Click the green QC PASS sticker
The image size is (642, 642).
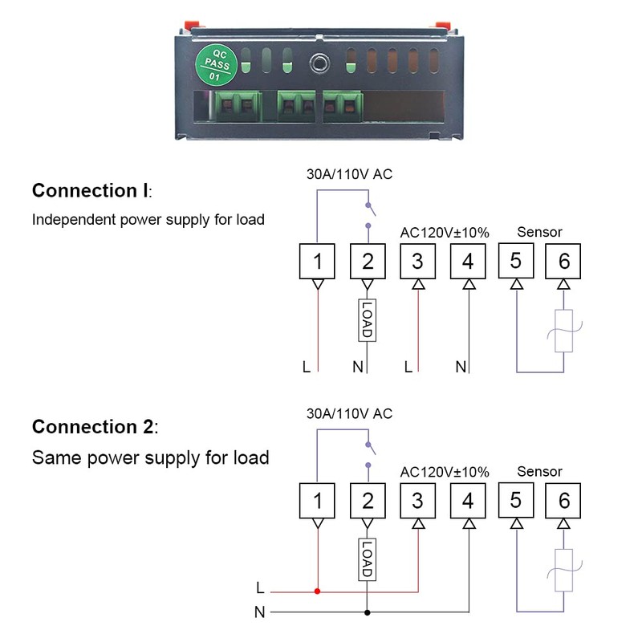pyautogui.click(x=216, y=65)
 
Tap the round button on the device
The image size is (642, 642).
pyautogui.click(x=319, y=63)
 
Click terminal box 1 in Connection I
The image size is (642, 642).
pyautogui.click(x=317, y=262)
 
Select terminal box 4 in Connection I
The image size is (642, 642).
pyautogui.click(x=468, y=262)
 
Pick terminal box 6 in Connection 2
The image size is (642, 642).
pyautogui.click(x=563, y=500)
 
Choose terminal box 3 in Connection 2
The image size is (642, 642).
pyautogui.click(x=417, y=500)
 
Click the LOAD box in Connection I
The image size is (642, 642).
pyautogui.click(x=368, y=320)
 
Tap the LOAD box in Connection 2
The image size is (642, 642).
pyautogui.click(x=368, y=559)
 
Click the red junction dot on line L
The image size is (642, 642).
pyautogui.click(x=317, y=591)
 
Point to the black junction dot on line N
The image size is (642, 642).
pyautogui.click(x=368, y=612)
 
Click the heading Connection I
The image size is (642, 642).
pyautogui.click(x=92, y=191)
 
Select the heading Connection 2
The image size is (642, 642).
pyautogui.click(x=95, y=427)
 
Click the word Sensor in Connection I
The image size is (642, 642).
pyautogui.click(x=539, y=232)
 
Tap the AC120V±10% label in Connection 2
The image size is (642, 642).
pyautogui.click(x=445, y=472)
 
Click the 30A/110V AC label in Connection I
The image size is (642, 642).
pyautogui.click(x=349, y=174)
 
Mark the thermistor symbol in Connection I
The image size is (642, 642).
pyautogui.click(x=564, y=331)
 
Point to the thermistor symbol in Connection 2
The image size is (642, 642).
pyautogui.click(x=564, y=571)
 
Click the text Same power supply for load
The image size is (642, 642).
pyautogui.click(x=150, y=457)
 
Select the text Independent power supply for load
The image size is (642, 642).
pyautogui.click(x=148, y=220)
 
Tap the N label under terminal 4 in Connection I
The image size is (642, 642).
pyautogui.click(x=461, y=367)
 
